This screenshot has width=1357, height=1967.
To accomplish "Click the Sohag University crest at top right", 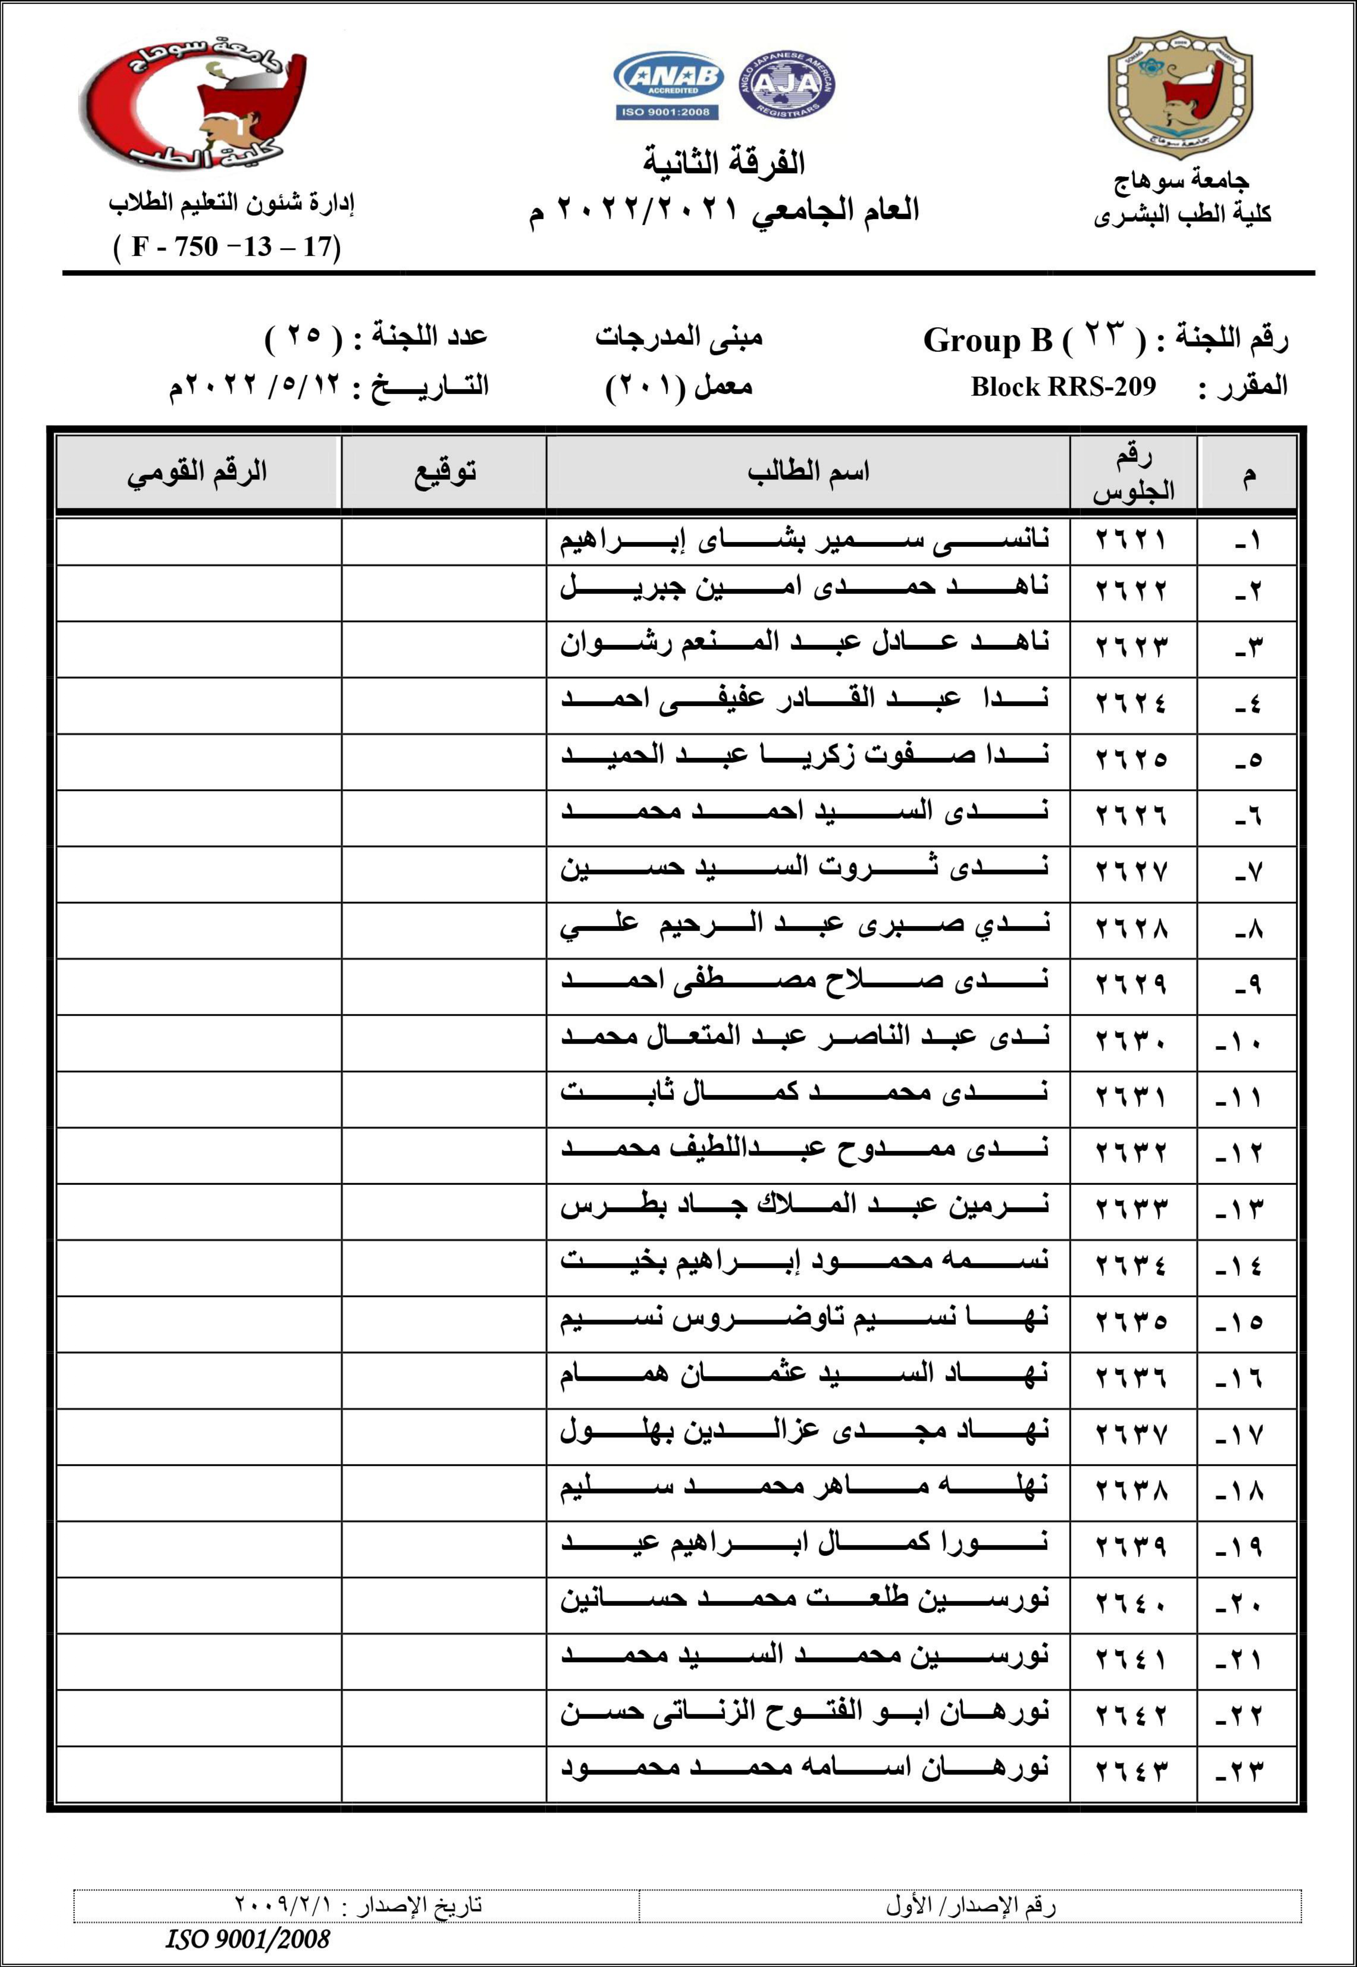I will click(x=1179, y=98).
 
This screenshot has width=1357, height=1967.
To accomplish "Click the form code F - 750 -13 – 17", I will click(x=227, y=247).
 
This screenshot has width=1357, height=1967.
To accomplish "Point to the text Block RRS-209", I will click(x=1063, y=387).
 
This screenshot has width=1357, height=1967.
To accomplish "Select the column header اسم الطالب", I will click(x=808, y=472).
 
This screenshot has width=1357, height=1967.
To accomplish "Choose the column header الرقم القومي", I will click(x=197, y=472).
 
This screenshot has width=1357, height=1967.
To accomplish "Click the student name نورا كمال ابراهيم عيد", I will click(x=804, y=1543).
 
